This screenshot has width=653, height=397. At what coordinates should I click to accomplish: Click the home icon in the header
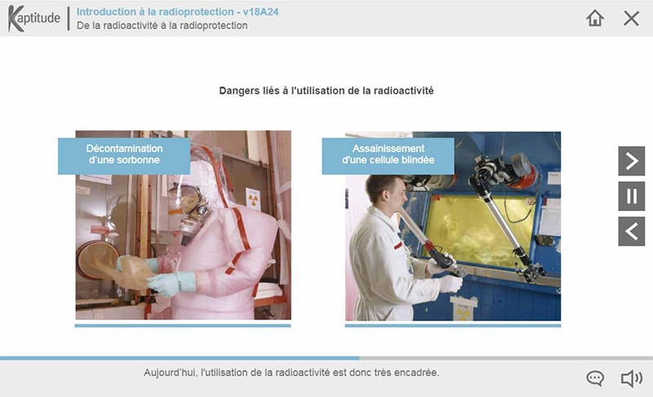click(595, 18)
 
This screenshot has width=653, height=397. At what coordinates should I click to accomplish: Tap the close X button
click(631, 18)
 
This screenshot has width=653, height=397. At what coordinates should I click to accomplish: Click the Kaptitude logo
click(34, 18)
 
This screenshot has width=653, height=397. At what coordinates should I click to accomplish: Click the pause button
click(631, 196)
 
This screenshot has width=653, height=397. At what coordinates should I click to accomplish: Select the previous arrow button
click(631, 232)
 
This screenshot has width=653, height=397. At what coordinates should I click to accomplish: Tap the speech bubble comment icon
click(595, 378)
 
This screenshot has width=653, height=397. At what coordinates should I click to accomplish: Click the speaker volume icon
click(631, 378)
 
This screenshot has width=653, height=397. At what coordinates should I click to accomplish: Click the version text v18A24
click(260, 11)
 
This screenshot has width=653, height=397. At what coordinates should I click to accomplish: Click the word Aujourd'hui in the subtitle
click(170, 373)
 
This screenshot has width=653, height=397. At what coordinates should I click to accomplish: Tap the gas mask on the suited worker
click(189, 210)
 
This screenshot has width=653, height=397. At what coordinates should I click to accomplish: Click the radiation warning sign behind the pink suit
click(253, 200)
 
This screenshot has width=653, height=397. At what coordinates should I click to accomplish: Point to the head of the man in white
click(385, 193)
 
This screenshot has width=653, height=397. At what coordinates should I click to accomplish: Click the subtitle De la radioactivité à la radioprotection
click(162, 25)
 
